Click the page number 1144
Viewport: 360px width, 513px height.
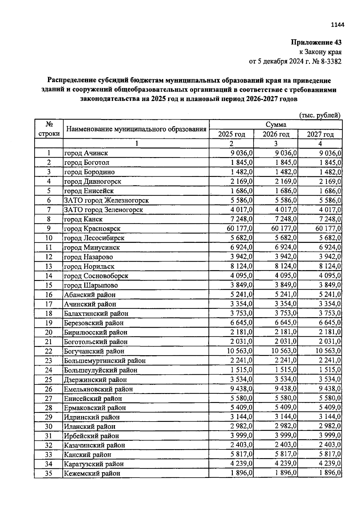(x=337, y=25)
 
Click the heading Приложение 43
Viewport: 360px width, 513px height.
(x=316, y=42)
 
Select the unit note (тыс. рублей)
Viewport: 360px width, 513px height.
(x=320, y=115)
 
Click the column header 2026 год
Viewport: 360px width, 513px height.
(x=276, y=134)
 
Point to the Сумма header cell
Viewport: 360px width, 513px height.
(x=276, y=124)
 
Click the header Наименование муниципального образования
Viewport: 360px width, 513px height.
(x=136, y=129)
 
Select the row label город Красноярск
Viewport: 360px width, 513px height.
(x=92, y=229)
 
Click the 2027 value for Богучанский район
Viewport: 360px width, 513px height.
(x=327, y=351)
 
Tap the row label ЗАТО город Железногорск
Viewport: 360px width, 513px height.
(x=106, y=200)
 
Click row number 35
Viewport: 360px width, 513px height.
(x=49, y=473)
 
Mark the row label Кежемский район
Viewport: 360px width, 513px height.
(x=92, y=473)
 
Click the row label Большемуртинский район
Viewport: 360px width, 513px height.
(x=105, y=361)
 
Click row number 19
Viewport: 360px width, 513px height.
(x=49, y=323)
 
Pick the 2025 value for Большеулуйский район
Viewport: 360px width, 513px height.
(x=242, y=370)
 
